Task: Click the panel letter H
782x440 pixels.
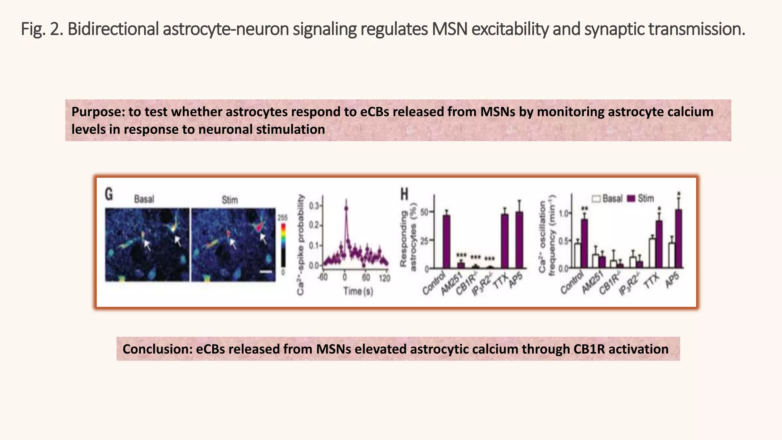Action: point(404,194)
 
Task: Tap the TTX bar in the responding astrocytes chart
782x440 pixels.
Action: point(505,241)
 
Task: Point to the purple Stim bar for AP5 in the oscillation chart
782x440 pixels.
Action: point(679,238)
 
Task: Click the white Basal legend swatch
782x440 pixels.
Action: point(596,199)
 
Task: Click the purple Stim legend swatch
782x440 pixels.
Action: point(631,199)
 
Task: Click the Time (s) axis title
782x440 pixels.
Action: point(358,291)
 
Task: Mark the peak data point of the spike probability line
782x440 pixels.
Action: point(346,208)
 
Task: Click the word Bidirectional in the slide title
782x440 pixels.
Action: point(113,29)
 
